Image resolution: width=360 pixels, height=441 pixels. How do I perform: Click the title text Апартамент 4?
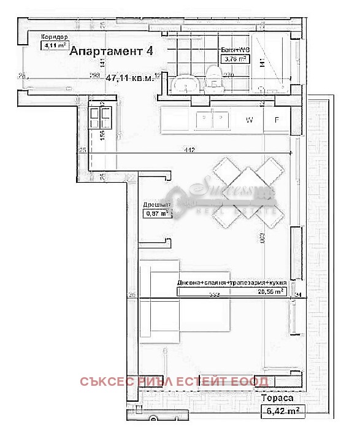pyautogui.click(x=111, y=52)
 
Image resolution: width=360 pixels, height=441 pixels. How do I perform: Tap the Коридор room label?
pyautogui.click(x=54, y=37)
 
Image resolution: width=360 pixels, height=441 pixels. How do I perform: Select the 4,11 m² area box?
pyautogui.click(x=53, y=45)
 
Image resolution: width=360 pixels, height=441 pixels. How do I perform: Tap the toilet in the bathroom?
pyautogui.click(x=213, y=79)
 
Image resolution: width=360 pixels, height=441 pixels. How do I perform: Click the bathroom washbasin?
pyautogui.click(x=185, y=84)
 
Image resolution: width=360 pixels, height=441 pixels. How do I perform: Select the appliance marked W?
pyautogui.click(x=250, y=120)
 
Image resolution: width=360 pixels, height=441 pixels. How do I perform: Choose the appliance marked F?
pyautogui.click(x=277, y=120)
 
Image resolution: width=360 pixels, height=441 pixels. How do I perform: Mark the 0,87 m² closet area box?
pyautogui.click(x=156, y=214)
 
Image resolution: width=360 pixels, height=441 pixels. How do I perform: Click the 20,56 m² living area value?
pyautogui.click(x=270, y=293)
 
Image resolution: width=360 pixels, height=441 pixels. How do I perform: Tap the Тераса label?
pyautogui.click(x=276, y=398)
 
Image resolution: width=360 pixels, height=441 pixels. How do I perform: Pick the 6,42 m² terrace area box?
pyautogui.click(x=283, y=412)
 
